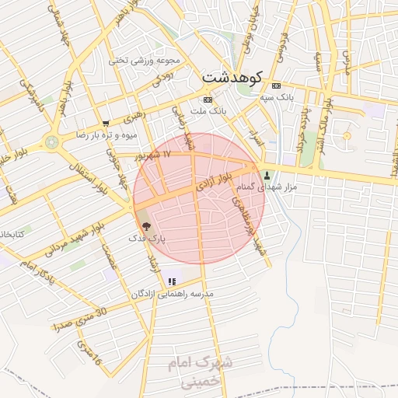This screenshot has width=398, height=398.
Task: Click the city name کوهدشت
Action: point(232,78)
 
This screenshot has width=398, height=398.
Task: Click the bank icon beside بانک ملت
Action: point(208,99)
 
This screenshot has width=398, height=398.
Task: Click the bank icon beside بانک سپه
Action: point(276,85)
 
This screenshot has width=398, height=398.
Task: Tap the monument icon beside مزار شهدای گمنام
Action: point(268,175)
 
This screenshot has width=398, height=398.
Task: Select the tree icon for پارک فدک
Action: point(148,225)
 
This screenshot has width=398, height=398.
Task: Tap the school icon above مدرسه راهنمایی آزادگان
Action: point(172,281)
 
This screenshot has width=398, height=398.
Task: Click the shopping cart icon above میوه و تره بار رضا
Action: point(106,123)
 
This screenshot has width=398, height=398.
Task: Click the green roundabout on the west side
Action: point(52,142)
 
